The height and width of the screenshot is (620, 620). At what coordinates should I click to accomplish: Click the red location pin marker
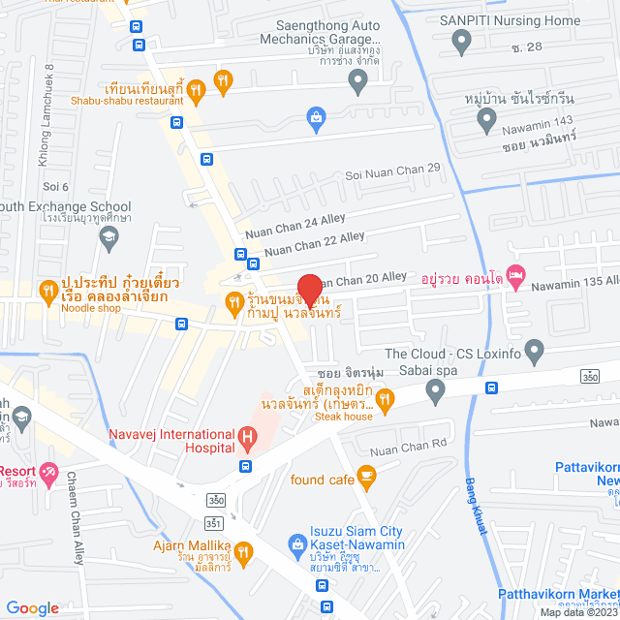(309, 291)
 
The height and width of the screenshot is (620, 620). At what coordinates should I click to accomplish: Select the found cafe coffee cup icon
(366, 475)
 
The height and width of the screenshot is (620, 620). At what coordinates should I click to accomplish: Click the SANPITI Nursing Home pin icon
(462, 41)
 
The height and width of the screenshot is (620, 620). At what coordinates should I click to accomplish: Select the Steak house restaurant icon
(385, 398)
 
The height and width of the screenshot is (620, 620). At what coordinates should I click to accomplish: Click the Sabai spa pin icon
(435, 391)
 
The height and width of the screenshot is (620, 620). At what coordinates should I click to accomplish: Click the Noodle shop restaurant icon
(46, 289)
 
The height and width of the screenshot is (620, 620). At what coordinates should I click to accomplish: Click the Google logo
(32, 607)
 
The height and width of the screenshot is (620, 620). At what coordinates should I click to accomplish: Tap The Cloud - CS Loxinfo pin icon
(533, 349)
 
